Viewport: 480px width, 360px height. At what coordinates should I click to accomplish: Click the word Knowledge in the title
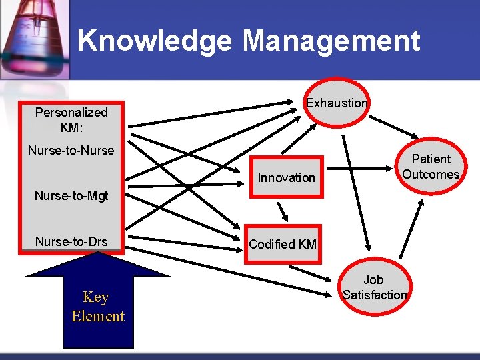click(x=155, y=41)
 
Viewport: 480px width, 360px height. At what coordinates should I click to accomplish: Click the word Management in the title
click(x=331, y=41)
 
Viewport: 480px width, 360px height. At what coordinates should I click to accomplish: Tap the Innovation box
click(x=286, y=177)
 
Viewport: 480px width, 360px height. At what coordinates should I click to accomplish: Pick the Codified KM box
click(x=282, y=244)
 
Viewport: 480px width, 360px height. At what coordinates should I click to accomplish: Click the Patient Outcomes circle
click(x=431, y=167)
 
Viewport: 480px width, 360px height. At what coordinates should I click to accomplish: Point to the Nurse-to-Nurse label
click(x=71, y=151)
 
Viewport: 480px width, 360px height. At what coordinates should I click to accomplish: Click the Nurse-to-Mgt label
click(x=71, y=196)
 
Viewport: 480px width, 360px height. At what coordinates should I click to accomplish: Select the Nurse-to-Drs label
click(x=71, y=241)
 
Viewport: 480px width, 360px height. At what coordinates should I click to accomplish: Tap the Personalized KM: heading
click(x=71, y=119)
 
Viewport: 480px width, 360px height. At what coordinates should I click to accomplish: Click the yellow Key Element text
click(x=98, y=307)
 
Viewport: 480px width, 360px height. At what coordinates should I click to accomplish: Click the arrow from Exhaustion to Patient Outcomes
click(x=393, y=126)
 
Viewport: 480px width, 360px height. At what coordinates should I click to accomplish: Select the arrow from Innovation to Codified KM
click(x=283, y=211)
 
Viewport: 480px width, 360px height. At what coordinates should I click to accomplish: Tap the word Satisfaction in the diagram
click(x=375, y=295)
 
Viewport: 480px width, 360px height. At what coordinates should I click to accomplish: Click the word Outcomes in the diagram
click(x=431, y=175)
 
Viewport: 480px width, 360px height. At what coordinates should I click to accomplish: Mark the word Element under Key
click(x=98, y=317)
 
